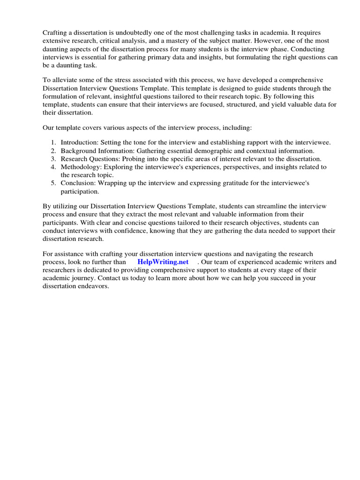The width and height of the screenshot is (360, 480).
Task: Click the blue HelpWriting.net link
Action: point(163,262)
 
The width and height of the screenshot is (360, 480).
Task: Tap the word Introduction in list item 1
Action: point(78,142)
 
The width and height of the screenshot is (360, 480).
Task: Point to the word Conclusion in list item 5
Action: point(77,183)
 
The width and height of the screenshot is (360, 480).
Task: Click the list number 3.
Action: point(53,158)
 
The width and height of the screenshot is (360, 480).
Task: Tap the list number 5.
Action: point(53,183)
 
